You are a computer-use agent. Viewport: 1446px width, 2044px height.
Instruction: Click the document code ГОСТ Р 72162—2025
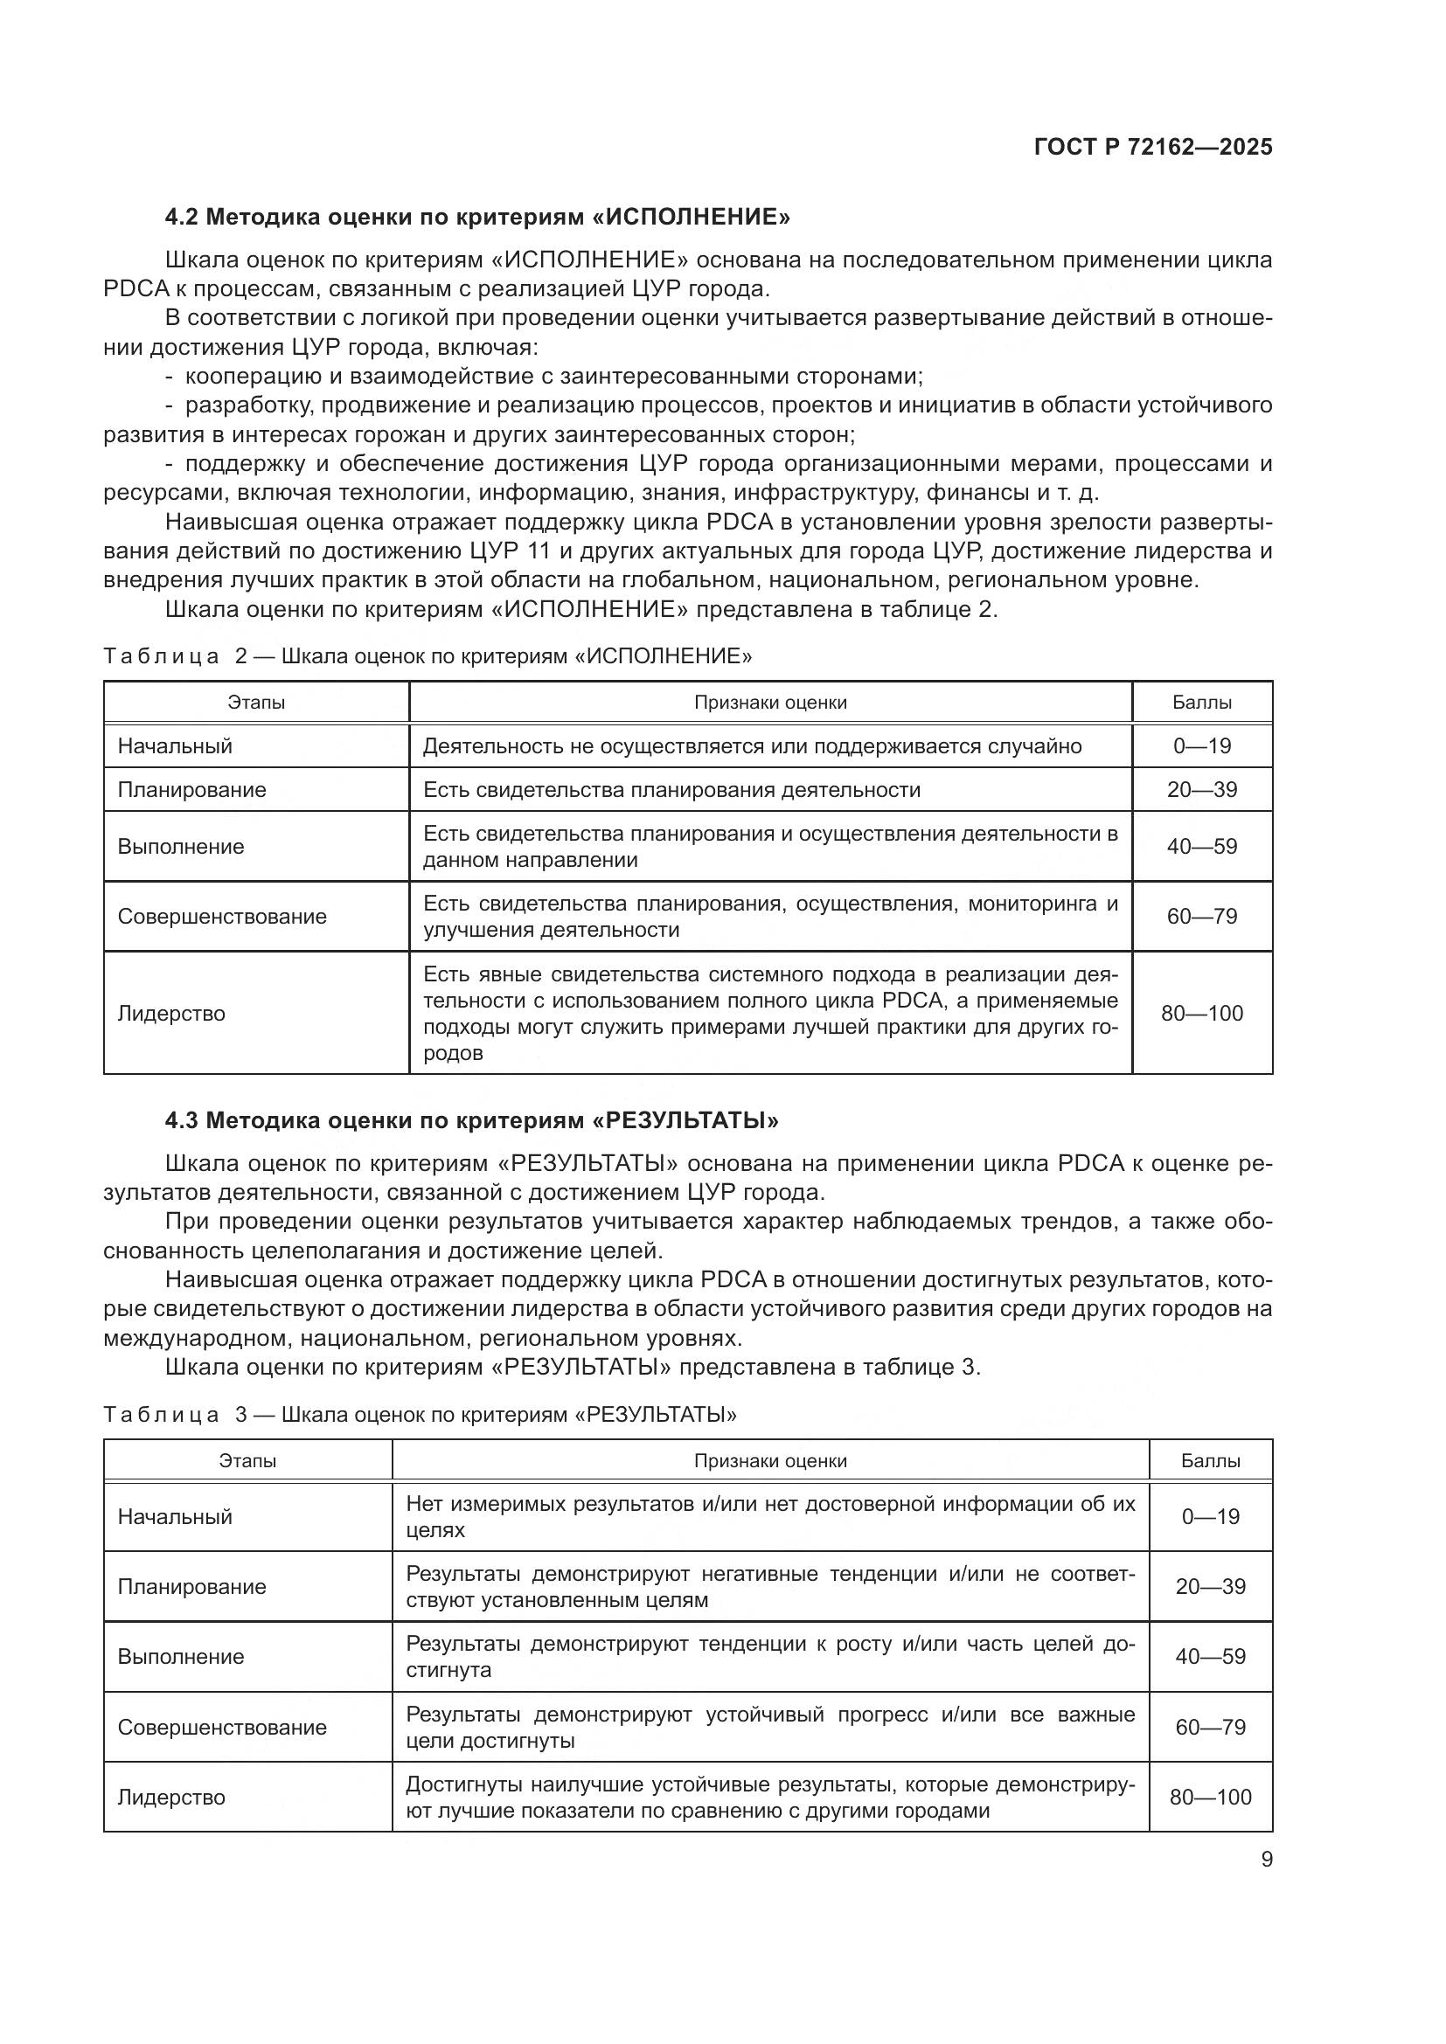click(x=1153, y=147)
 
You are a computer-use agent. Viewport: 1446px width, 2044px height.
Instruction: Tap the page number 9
click(x=1266, y=1860)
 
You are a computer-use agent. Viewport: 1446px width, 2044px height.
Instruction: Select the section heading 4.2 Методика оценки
click(x=477, y=217)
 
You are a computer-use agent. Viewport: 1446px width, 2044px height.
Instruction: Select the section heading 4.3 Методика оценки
click(x=471, y=1120)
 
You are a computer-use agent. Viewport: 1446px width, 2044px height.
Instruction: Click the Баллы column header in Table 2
click(x=1201, y=702)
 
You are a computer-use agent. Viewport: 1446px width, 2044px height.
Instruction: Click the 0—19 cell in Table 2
click(x=1201, y=746)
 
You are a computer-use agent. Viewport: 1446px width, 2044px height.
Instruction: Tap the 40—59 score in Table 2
click(x=1201, y=846)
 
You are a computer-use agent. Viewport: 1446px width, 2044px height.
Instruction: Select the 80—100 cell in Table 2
click(x=1201, y=1013)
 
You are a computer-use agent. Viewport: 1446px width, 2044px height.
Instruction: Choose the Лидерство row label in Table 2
click(x=171, y=1013)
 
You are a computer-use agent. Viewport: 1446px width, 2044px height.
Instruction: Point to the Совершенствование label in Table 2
click(x=222, y=916)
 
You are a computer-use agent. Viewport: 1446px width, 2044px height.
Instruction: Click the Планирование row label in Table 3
click(x=191, y=1585)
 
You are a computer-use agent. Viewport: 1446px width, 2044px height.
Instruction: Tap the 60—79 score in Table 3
click(x=1210, y=1727)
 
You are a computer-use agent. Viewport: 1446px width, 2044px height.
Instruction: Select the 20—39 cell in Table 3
click(x=1210, y=1585)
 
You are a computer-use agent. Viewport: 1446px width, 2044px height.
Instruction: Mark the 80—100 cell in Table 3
click(x=1210, y=1797)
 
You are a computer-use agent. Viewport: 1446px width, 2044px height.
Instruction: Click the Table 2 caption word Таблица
click(x=161, y=656)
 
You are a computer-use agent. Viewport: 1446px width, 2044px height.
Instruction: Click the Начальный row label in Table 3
click(x=175, y=1516)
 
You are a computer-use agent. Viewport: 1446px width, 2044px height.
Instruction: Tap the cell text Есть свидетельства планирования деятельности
click(x=671, y=790)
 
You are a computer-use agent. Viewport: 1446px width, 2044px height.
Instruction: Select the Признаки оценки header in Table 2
click(x=770, y=702)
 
